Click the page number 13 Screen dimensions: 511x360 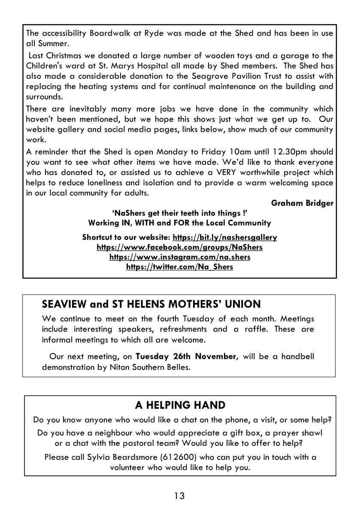179,496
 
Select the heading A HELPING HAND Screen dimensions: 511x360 180,405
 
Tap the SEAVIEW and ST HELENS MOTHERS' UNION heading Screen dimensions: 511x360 151,305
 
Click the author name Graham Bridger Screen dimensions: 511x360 302,203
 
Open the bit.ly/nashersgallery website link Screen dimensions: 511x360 224,237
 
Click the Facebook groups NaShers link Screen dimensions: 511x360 180,248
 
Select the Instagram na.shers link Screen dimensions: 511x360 180,257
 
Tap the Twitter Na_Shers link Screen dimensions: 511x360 180,267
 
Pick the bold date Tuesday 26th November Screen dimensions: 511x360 186,357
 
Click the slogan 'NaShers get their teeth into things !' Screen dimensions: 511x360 180,213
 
